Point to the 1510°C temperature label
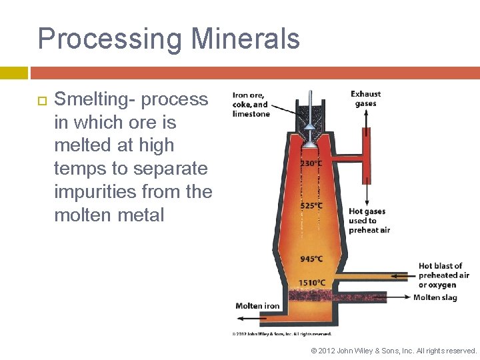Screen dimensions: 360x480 [311, 283]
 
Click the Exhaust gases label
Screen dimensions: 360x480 [366, 99]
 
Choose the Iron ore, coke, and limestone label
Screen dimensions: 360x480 [251, 104]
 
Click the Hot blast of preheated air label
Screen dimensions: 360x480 [443, 275]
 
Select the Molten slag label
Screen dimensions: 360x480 [435, 297]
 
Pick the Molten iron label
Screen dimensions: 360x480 [257, 306]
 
